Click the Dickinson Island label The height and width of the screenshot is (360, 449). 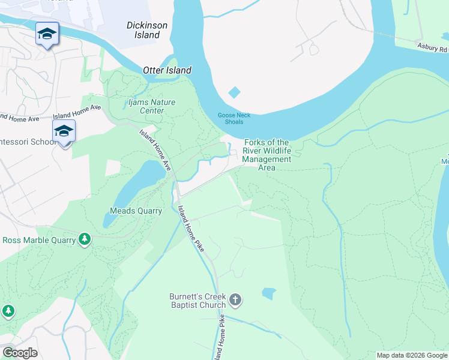click(x=143, y=30)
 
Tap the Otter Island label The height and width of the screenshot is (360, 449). click(x=167, y=70)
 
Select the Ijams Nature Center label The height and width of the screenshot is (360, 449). click(x=152, y=106)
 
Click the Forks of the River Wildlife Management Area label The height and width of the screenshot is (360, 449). click(x=267, y=155)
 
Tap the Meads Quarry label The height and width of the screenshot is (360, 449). click(x=136, y=211)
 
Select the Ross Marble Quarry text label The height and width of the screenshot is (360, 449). click(x=39, y=240)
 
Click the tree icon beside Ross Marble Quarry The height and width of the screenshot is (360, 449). click(x=85, y=240)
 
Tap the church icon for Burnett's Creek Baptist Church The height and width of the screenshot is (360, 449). click(x=236, y=300)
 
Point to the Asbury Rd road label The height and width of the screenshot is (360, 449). click(x=432, y=47)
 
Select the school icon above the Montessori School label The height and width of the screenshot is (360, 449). click(x=64, y=131)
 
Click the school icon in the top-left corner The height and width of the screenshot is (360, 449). click(x=46, y=34)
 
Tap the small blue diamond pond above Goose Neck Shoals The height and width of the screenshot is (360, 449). click(x=234, y=92)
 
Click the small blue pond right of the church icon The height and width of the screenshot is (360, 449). click(x=269, y=293)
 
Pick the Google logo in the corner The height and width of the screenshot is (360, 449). click(x=20, y=353)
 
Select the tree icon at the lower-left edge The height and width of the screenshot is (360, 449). click(x=8, y=311)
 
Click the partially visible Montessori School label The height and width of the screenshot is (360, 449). click(x=28, y=142)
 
